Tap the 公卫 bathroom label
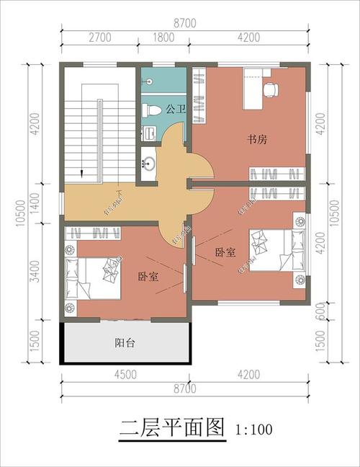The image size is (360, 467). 175,110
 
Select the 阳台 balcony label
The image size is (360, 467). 125,343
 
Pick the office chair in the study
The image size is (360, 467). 271,89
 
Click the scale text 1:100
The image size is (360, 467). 253,430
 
